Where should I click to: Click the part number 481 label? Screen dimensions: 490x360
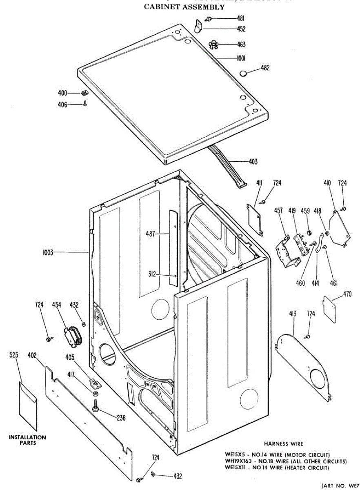point(241,18)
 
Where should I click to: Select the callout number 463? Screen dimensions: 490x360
point(241,45)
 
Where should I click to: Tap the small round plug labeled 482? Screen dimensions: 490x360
point(243,73)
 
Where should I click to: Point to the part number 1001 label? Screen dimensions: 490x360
point(240,58)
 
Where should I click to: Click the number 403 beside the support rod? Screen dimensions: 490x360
point(253,162)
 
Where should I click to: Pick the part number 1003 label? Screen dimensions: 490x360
point(48,252)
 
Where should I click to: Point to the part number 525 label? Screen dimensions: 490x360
point(14,356)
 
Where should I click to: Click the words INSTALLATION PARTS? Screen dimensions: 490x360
point(28,440)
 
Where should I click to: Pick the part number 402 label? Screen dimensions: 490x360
point(33,356)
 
